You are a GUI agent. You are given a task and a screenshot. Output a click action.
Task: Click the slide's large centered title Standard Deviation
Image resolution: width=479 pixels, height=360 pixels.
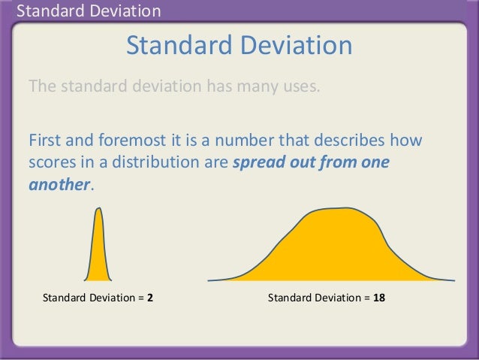(239, 47)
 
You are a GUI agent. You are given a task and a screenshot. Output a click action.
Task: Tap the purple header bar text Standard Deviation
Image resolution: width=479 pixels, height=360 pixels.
(89, 11)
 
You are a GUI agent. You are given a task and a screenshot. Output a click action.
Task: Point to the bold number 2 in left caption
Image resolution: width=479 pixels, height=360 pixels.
(151, 298)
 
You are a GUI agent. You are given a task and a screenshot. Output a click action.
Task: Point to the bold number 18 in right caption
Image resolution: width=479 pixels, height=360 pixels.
(379, 298)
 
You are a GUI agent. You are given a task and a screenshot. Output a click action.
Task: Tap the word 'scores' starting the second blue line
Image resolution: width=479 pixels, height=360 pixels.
(50, 163)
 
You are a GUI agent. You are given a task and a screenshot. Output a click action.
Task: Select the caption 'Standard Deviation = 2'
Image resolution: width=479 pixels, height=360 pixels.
(98, 298)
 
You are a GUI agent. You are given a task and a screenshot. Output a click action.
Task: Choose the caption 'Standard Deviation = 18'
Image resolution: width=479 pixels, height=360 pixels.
(327, 298)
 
